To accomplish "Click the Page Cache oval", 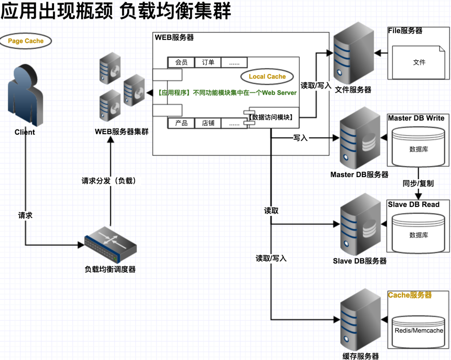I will click(x=26, y=41).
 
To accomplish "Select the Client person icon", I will click(x=25, y=95).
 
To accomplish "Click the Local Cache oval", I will click(x=267, y=77).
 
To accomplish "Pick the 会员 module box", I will click(x=181, y=62).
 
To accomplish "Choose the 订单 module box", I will click(x=208, y=62).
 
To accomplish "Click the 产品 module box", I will click(x=181, y=124).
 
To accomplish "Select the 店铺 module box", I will click(x=208, y=124).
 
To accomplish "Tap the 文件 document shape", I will click(x=419, y=62).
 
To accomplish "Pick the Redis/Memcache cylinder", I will click(x=419, y=330).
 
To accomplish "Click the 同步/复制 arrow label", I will click(x=418, y=184).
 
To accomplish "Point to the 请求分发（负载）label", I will click(x=109, y=181).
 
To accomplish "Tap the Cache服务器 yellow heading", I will click(x=410, y=296).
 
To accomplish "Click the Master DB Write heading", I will click(x=416, y=118).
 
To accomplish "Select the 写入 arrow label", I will click(x=301, y=138).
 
